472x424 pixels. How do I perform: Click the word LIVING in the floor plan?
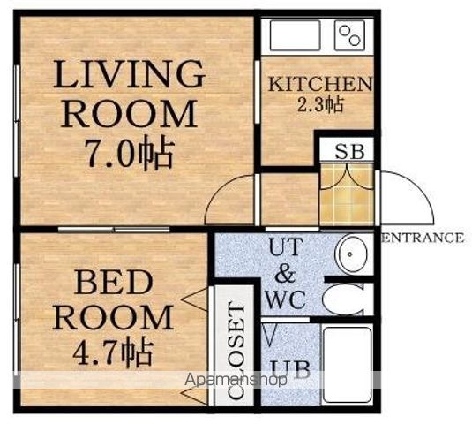[129, 74]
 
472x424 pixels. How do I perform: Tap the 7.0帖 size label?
[131, 154]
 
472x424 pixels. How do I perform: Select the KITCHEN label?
[320, 84]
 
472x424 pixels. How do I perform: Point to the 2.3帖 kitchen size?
[319, 104]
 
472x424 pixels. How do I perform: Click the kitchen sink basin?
[295, 35]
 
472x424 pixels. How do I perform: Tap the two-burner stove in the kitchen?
[349, 35]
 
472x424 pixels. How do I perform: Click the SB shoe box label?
[349, 152]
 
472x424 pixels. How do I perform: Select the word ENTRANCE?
[423, 238]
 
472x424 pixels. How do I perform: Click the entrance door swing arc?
[418, 187]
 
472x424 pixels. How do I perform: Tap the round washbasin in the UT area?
[351, 254]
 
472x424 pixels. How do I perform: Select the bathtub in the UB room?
[348, 365]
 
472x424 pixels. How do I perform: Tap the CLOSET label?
[236, 351]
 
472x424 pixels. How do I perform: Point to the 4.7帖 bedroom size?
[112, 352]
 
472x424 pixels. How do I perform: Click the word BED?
[114, 283]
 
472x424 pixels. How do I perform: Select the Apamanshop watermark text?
[236, 380]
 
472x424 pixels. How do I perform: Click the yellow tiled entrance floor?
[347, 194]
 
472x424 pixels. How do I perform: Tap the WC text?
[285, 299]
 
